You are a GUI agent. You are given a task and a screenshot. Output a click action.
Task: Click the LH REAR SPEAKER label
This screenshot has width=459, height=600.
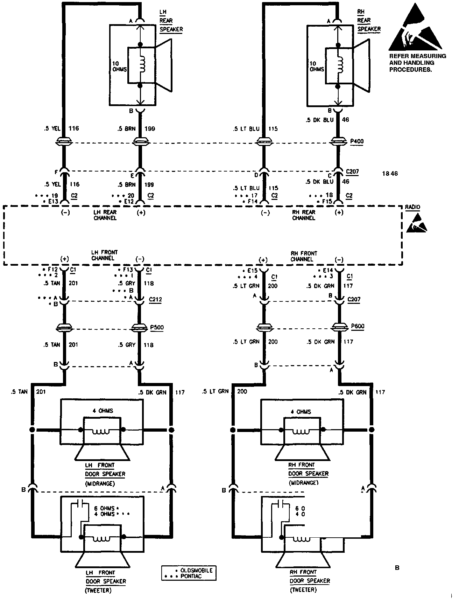171,21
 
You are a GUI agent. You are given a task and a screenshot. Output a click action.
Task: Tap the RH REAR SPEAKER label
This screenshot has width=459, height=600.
369,21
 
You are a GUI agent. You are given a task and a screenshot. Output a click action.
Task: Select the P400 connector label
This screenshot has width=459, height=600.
357,142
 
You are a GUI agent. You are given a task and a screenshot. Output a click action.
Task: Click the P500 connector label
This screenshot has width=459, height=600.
157,328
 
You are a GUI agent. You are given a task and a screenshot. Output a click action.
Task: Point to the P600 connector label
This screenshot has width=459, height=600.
358,327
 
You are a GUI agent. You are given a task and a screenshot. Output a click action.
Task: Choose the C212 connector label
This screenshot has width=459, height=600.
155,300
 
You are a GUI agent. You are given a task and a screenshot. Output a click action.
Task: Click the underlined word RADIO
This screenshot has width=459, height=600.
412,207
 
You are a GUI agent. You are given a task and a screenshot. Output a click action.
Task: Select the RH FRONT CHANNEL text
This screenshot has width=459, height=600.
304,256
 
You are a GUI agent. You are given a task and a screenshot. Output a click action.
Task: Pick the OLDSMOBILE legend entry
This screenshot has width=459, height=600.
197,570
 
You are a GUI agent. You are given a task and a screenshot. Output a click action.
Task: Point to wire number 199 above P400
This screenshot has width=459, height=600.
150,128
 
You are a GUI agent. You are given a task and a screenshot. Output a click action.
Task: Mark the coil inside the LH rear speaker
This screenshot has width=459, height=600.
142,65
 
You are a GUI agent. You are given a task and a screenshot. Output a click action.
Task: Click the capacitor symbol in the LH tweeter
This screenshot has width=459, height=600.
81,504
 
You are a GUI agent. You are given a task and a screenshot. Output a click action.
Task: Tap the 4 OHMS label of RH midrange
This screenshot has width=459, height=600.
301,412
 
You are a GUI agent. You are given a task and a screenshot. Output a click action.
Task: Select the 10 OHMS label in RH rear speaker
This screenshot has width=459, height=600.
317,67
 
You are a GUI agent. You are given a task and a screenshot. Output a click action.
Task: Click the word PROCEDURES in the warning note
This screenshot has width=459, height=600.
410,70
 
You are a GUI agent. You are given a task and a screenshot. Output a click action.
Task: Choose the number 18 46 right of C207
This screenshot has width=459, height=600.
390,174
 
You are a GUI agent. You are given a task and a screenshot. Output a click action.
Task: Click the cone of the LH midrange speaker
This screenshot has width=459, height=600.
102,454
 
